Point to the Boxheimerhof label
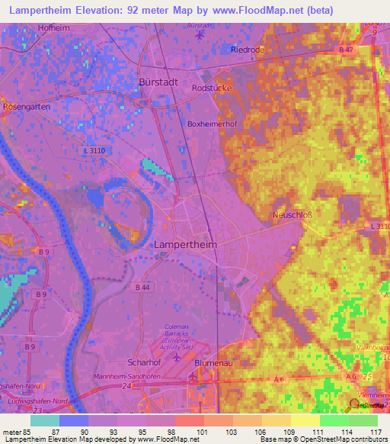click(209, 124)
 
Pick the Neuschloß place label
click(293, 215)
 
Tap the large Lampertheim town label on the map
click(185, 244)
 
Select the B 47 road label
click(345, 50)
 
